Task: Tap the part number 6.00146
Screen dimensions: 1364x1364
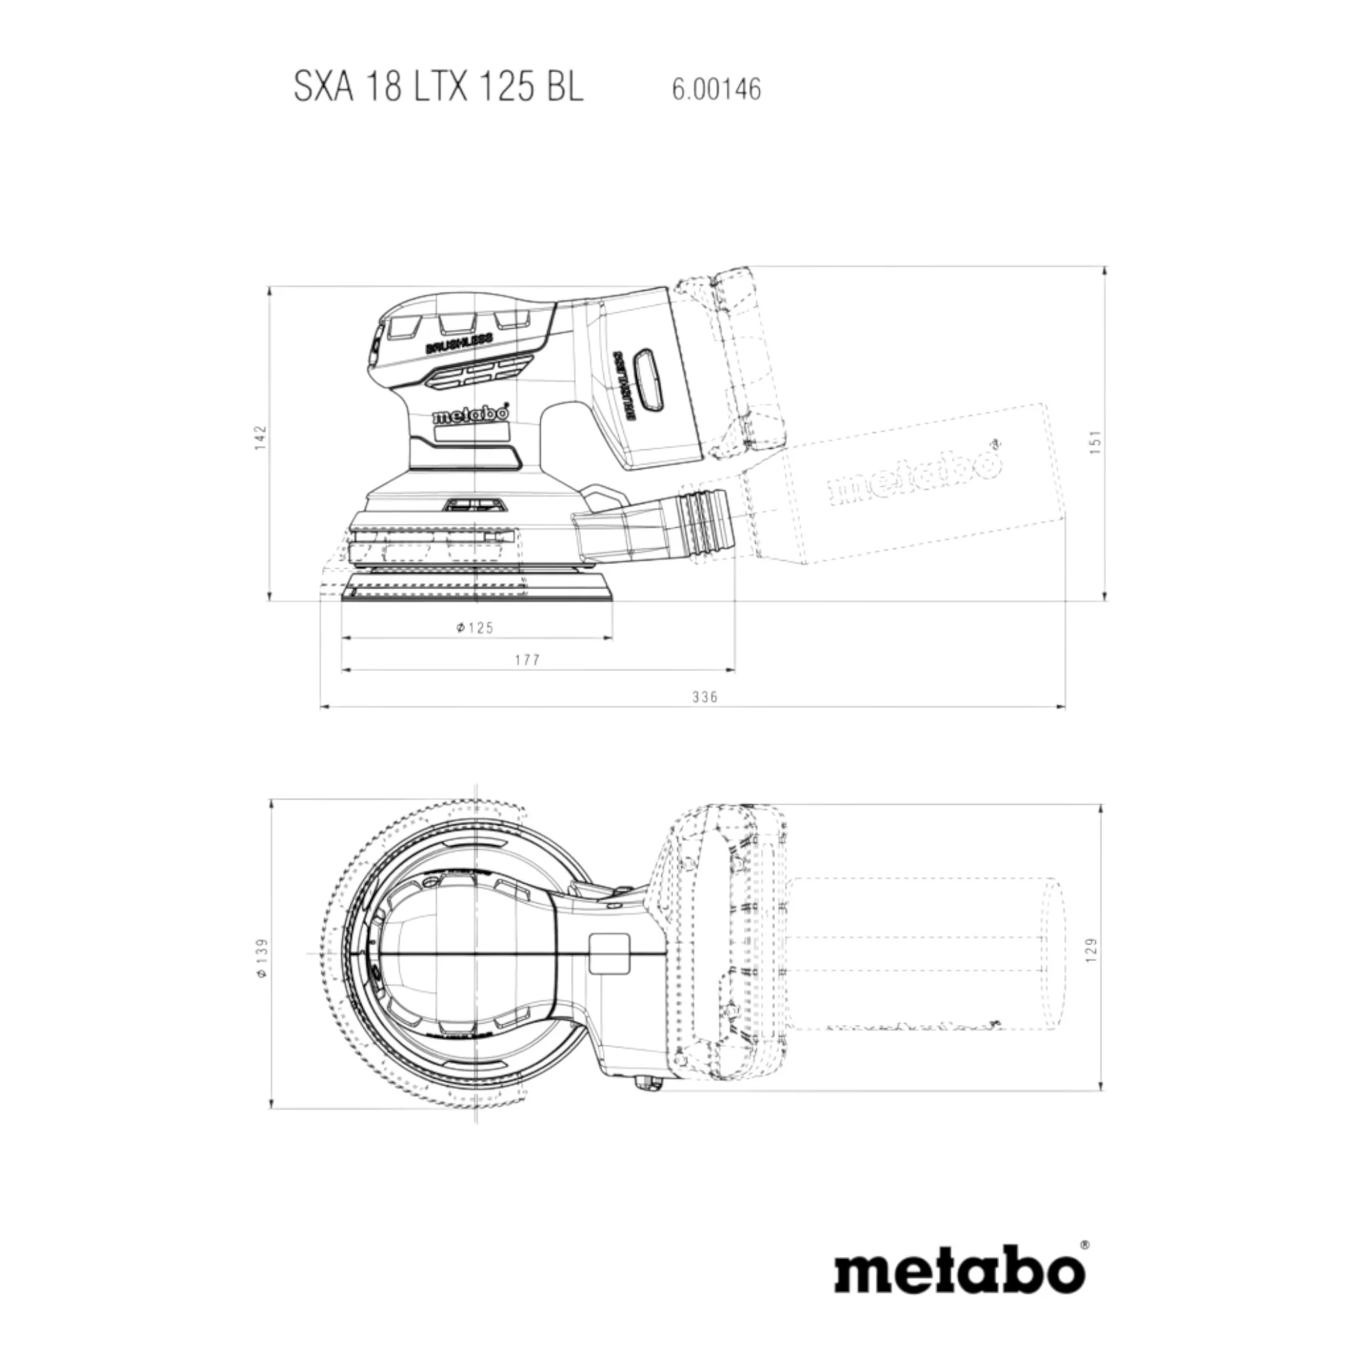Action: tap(717, 89)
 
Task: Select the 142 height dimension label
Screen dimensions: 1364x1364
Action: tap(261, 438)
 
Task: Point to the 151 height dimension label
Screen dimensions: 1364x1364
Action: tap(1095, 442)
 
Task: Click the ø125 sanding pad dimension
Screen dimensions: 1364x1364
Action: tap(475, 627)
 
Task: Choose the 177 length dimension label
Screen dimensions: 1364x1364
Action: tap(527, 660)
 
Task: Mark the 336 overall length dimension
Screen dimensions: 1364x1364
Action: tap(705, 697)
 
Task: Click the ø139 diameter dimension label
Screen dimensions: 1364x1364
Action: tap(261, 958)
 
